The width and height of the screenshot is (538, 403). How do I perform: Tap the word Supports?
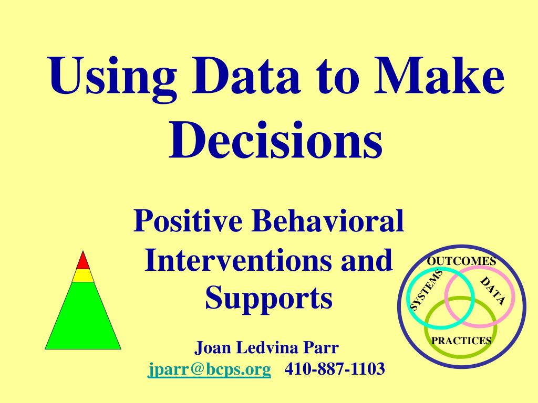tap(268, 298)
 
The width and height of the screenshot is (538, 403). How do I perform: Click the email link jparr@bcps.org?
tap(210, 369)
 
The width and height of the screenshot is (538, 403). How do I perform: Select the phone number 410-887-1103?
tap(335, 369)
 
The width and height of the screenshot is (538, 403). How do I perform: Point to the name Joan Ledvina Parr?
tap(267, 347)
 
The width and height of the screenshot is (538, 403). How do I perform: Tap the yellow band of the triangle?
tap(83, 275)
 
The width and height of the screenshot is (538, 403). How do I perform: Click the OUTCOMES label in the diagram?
tap(461, 261)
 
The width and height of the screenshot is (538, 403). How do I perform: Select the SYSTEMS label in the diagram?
tap(426, 290)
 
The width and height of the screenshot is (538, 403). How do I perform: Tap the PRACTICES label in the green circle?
tap(461, 341)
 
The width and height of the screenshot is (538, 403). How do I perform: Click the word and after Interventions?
tap(367, 260)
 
